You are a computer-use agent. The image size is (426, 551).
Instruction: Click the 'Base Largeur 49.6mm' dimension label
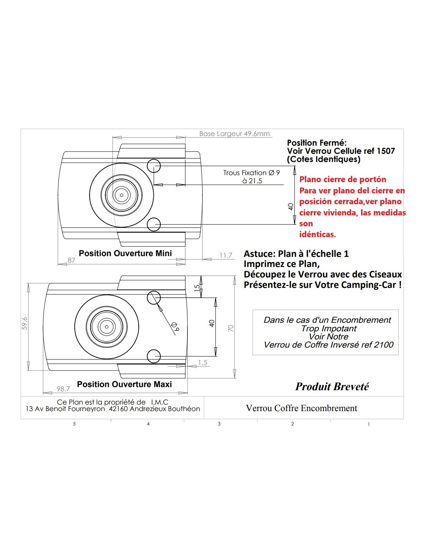(234, 134)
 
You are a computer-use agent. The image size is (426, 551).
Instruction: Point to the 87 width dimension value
(72, 260)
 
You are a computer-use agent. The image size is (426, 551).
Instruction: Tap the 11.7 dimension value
(225, 255)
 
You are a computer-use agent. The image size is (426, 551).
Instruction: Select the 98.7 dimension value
(63, 389)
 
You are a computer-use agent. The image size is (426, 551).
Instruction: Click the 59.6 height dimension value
(25, 323)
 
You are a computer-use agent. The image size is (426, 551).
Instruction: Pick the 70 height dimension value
(231, 328)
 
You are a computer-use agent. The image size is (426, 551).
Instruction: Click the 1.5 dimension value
(203, 363)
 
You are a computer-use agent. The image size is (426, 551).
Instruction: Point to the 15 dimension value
(197, 288)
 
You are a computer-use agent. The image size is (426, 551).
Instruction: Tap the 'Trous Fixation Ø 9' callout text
(251, 173)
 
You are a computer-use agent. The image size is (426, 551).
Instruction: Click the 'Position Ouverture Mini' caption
(125, 253)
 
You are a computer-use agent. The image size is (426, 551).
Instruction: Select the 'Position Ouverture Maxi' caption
(124, 384)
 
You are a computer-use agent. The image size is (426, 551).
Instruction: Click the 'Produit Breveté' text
(332, 387)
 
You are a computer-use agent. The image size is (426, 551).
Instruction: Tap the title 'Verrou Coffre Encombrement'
(301, 408)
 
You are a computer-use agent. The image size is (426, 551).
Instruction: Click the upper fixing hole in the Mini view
(154, 166)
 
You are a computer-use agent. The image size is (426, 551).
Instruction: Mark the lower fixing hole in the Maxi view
(154, 356)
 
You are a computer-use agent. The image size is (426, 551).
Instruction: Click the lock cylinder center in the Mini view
(122, 195)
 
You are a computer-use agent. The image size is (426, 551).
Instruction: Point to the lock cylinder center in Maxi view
(106, 327)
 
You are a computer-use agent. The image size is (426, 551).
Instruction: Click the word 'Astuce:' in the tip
(259, 253)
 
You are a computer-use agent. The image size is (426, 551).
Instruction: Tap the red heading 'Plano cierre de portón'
(343, 179)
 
